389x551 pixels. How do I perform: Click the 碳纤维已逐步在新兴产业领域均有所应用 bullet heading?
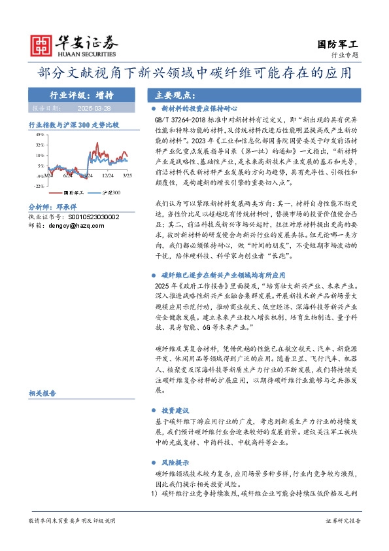pyautogui.click(x=219, y=276)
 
